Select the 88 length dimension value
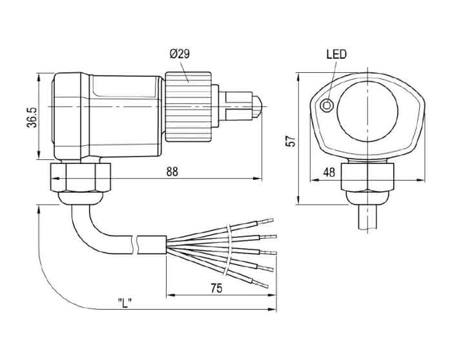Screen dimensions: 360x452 pyautogui.click(x=172, y=171)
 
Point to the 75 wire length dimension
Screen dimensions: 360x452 pyautogui.click(x=216, y=288)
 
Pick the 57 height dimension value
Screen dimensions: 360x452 pyautogui.click(x=291, y=140)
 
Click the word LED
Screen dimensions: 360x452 pyautogui.click(x=336, y=55)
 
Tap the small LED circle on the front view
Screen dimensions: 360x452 pyautogui.click(x=328, y=105)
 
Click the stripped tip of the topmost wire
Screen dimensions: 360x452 pyautogui.click(x=271, y=221)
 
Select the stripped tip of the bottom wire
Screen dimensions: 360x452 pyautogui.click(x=265, y=285)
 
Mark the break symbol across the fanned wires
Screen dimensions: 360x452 pyautogui.click(x=231, y=252)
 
